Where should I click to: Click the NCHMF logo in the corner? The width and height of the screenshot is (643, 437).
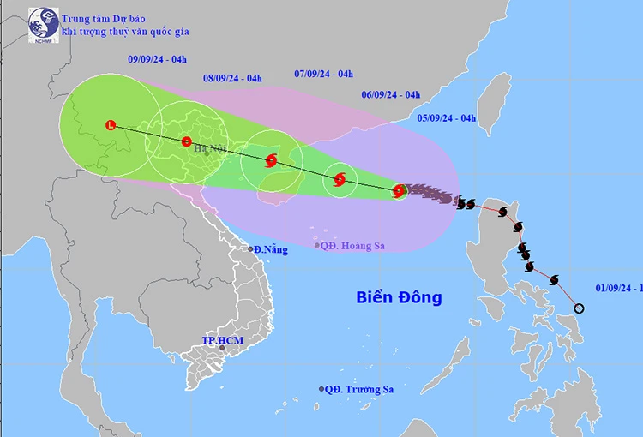[x=44, y=26]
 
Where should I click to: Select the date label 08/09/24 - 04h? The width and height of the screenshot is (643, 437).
[x=232, y=79]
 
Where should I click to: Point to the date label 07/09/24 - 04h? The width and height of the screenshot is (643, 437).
[x=323, y=74]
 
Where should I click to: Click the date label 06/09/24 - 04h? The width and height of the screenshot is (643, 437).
[x=390, y=94]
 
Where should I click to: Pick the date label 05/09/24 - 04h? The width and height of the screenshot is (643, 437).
[x=447, y=118]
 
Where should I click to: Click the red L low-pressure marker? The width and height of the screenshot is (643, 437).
[x=110, y=126]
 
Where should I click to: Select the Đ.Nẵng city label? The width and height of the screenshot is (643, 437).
[x=270, y=249]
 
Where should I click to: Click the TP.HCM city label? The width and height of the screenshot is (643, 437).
[x=223, y=341]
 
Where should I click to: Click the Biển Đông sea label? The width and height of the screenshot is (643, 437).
[x=400, y=298]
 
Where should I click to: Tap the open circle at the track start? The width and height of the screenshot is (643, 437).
[x=579, y=309]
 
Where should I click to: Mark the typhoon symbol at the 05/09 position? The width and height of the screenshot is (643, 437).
[x=399, y=191]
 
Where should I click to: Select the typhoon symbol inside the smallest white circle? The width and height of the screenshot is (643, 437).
[x=340, y=180]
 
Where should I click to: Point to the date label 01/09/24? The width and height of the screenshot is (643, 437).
[x=617, y=290]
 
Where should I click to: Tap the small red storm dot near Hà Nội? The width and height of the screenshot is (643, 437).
[x=187, y=141]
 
